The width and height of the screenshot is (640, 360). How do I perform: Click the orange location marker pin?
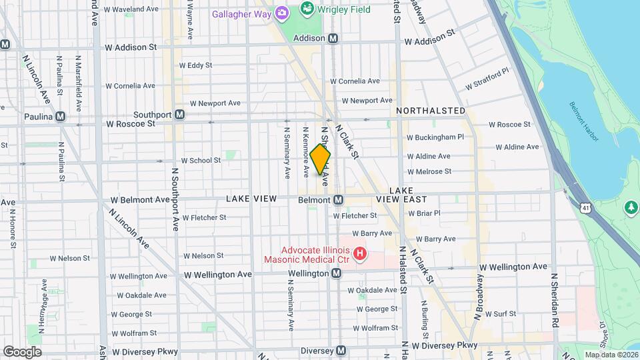click(x=320, y=159)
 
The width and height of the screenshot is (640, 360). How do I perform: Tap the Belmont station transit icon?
click(x=338, y=200)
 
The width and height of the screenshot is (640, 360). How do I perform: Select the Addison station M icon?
click(x=333, y=39)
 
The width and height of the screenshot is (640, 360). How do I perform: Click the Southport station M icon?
click(x=179, y=115)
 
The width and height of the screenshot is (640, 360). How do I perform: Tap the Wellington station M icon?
click(x=337, y=273)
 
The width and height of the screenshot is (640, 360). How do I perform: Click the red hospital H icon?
click(x=360, y=253)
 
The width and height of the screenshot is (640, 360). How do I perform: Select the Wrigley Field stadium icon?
click(x=307, y=9)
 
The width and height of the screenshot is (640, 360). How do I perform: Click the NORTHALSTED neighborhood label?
click(x=431, y=110)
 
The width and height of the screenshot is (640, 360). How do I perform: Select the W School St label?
click(x=201, y=161)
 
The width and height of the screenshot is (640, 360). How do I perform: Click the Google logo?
click(x=22, y=351)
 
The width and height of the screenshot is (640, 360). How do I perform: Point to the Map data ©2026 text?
click(x=611, y=354)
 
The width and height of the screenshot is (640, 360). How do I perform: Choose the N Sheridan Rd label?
click(x=554, y=299)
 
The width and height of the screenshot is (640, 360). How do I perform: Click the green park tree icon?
click(x=631, y=209)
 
